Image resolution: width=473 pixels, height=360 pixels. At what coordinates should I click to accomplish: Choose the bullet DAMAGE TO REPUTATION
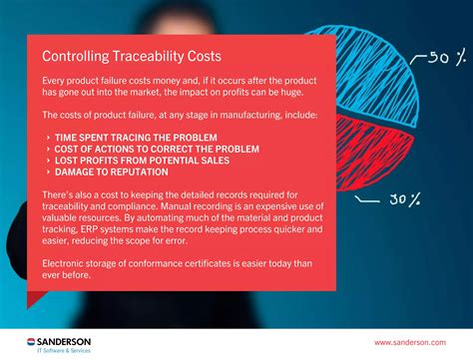coord(112,172)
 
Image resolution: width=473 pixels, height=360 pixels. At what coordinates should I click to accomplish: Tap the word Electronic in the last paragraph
coord(66,262)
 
